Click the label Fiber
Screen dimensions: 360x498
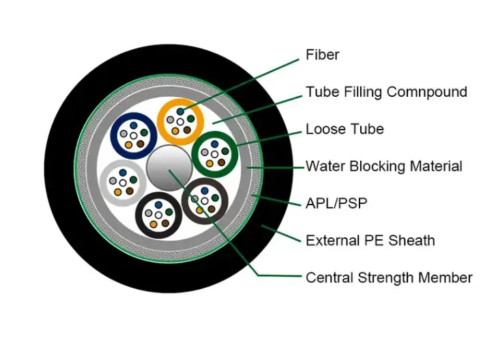(x=322, y=55)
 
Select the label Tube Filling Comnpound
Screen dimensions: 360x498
(x=386, y=91)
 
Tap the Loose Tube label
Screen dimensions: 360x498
(x=345, y=129)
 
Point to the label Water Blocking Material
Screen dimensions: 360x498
(x=383, y=166)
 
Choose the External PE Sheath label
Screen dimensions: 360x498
(x=370, y=240)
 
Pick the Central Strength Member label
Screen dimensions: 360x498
(x=389, y=277)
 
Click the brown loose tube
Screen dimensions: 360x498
(x=205, y=202)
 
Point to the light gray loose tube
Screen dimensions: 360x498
(x=122, y=183)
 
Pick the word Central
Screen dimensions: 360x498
(x=329, y=277)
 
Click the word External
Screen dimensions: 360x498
(x=331, y=240)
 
